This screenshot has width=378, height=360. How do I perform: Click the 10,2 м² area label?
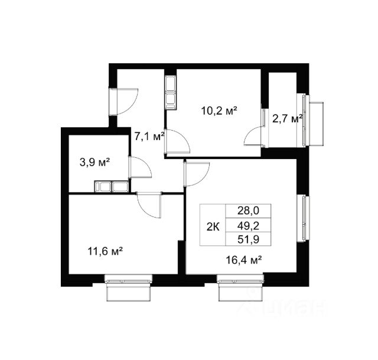[x=219, y=111]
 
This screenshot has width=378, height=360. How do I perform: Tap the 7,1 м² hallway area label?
[x=149, y=137]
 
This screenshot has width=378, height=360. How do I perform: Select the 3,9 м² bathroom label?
[x=94, y=162]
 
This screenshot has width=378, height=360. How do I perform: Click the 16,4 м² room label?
[x=244, y=260]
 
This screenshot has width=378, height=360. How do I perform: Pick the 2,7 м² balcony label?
[x=287, y=119]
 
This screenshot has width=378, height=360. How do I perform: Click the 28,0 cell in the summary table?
[x=248, y=210]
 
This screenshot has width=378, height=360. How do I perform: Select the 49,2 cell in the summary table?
[x=248, y=226]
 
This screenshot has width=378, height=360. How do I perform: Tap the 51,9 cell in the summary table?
[x=248, y=239]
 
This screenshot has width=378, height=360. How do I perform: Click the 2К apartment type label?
[x=213, y=227]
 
